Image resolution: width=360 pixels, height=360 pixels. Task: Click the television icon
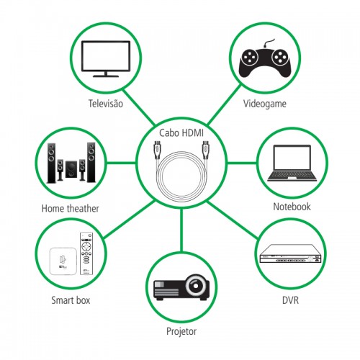[106, 59]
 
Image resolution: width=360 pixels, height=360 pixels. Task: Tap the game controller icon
[265, 60]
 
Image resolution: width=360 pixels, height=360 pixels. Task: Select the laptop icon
[292, 163]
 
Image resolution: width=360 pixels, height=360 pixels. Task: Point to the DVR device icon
[291, 253]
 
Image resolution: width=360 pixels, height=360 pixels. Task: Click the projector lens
[196, 286]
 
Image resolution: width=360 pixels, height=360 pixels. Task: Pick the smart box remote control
[86, 253]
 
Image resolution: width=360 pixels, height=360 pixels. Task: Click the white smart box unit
[63, 261]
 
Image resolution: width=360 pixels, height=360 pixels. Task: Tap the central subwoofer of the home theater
[71, 169]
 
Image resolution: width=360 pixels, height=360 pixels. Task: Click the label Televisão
[106, 104]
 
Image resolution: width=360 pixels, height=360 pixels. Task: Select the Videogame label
[265, 104]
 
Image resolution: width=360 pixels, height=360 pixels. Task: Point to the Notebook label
[292, 207]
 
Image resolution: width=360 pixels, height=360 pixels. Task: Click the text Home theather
[70, 208]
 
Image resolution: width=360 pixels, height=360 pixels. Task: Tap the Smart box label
[71, 300]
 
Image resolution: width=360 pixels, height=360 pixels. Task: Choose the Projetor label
[181, 331]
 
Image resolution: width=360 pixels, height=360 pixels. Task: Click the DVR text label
[290, 300]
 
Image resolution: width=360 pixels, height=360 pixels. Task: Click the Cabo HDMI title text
[181, 132]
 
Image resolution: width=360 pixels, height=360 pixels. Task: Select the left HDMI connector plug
[157, 150]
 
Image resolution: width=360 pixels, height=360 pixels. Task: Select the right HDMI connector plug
[205, 150]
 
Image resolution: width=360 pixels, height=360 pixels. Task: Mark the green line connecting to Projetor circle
[181, 230]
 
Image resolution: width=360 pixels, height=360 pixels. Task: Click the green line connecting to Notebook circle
[242, 163]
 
